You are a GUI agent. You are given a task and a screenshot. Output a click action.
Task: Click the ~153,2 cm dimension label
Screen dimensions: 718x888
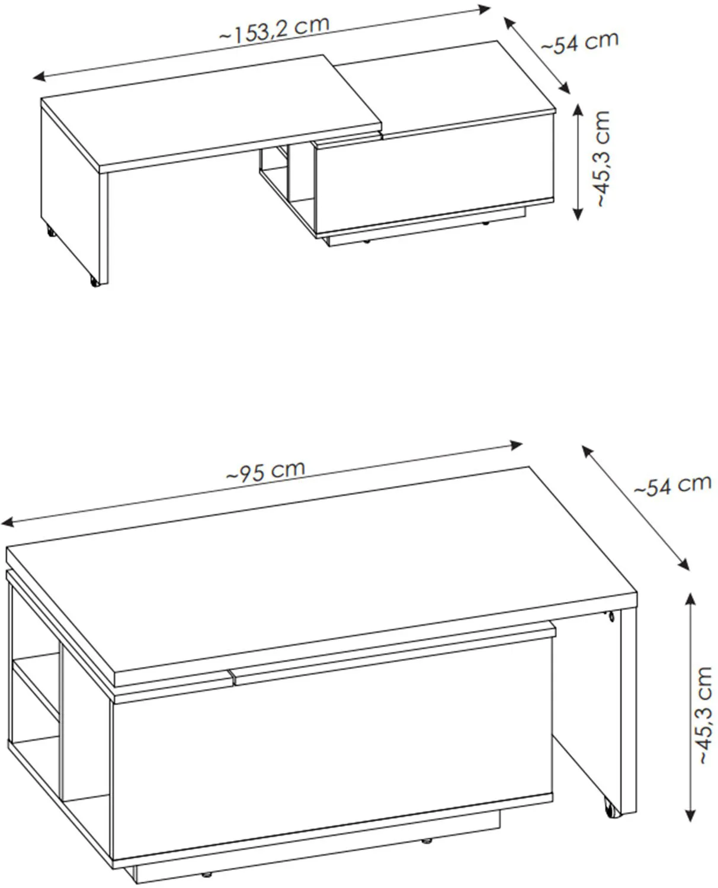[x=274, y=30]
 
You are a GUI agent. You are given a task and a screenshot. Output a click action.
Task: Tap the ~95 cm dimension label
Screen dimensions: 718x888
[x=265, y=471]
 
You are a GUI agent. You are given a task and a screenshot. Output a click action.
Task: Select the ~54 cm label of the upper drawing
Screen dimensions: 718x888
[x=580, y=41]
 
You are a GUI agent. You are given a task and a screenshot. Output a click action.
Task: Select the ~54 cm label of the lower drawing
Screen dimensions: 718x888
[x=672, y=485]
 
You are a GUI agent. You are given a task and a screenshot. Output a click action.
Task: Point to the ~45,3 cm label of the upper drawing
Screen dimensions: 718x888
[x=602, y=159]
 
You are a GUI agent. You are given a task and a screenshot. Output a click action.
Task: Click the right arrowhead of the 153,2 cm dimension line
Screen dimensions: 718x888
[x=484, y=9]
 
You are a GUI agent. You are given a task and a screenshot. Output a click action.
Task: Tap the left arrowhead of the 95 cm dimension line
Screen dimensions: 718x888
[x=8, y=522]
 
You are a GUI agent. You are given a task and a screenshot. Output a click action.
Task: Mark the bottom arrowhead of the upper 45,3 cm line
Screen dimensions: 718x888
[x=578, y=214]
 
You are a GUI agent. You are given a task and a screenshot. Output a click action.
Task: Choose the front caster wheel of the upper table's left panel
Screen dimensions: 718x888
[x=95, y=281]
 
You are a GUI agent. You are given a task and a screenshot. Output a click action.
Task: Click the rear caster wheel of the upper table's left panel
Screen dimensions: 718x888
[x=50, y=232]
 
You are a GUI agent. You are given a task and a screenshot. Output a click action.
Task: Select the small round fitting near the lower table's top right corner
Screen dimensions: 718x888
[x=611, y=615]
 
